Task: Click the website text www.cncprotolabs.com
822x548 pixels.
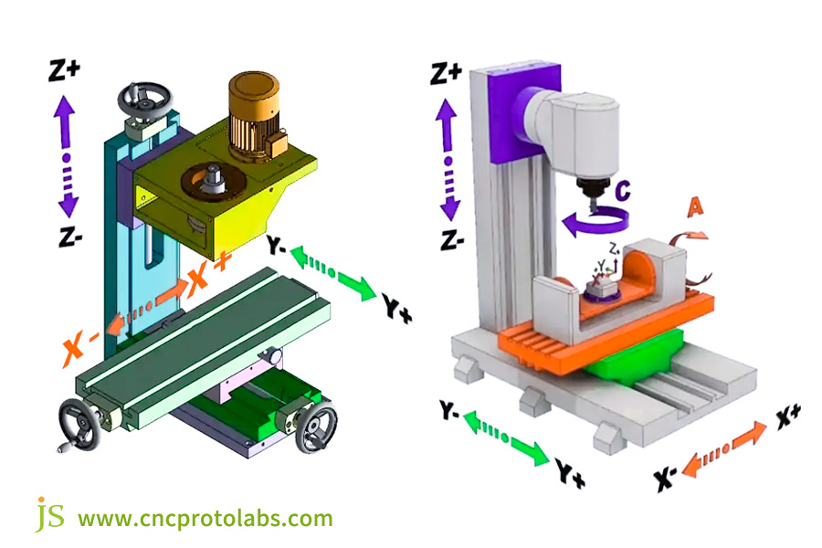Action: click(205, 519)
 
